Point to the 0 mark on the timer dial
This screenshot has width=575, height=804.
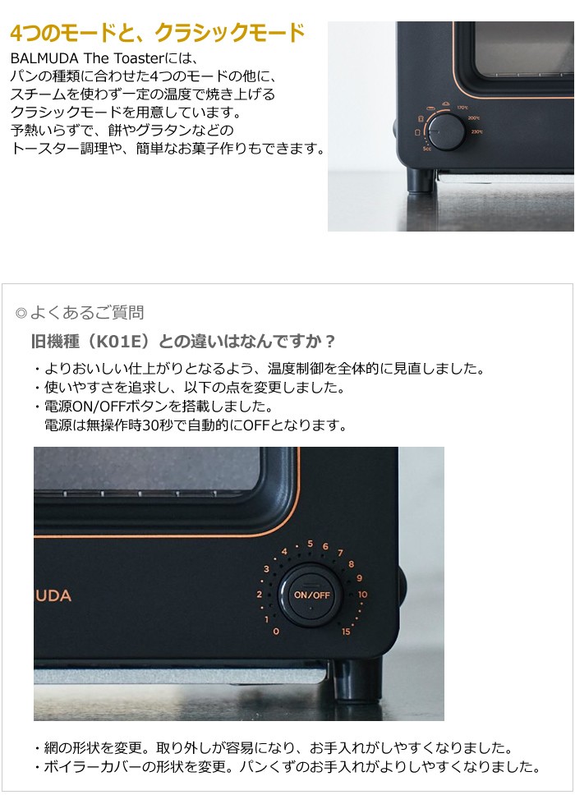(x=275, y=631)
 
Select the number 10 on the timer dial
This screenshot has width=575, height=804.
(x=363, y=595)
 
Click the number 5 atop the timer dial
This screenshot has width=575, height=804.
(x=310, y=544)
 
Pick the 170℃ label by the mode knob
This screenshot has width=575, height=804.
(x=462, y=108)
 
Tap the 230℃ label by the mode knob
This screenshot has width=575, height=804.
(x=476, y=132)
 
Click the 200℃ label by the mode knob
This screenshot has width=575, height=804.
(x=474, y=117)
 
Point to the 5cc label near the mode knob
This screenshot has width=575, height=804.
(x=427, y=149)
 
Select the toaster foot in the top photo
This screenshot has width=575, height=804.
(x=421, y=180)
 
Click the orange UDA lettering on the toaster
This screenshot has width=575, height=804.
(x=53, y=595)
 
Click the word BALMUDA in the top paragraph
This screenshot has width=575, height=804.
(x=41, y=59)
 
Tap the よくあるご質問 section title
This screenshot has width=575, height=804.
(x=86, y=312)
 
